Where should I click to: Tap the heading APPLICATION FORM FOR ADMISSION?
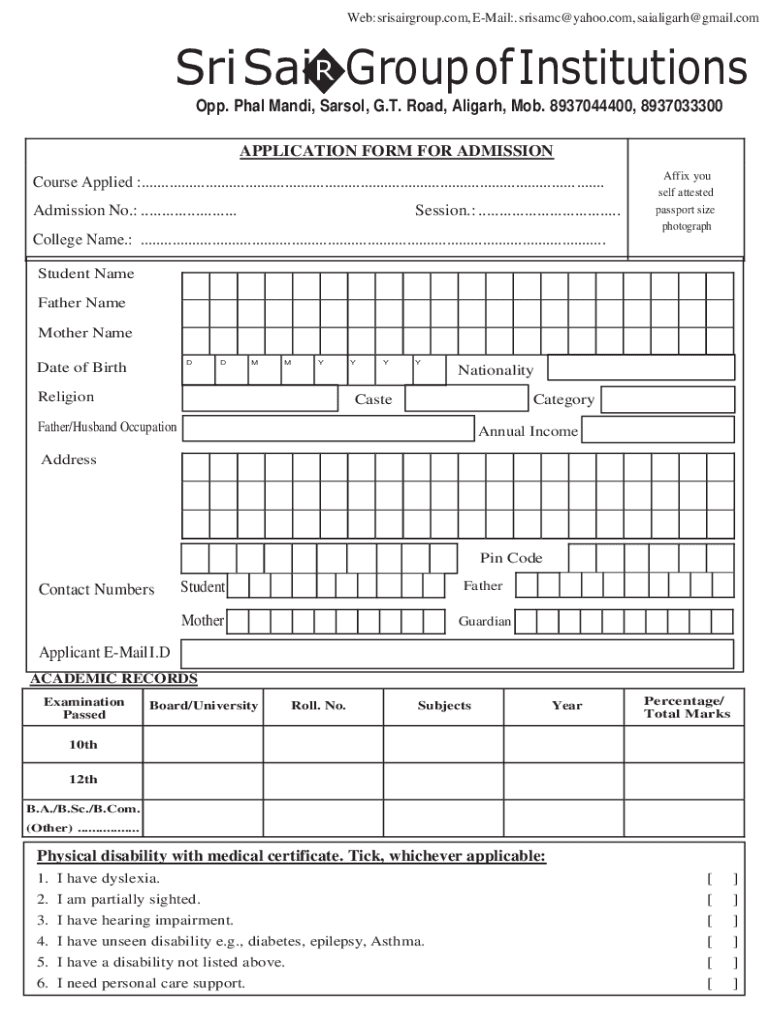(x=396, y=151)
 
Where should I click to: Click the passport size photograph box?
(x=686, y=200)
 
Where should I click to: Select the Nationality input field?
(x=641, y=368)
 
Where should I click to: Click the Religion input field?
(x=260, y=398)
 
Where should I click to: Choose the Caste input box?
(x=466, y=399)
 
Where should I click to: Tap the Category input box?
(x=669, y=400)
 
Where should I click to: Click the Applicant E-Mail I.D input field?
(x=457, y=654)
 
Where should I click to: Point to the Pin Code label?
(x=511, y=558)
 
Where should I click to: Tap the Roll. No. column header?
(x=318, y=706)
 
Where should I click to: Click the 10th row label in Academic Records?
(x=83, y=745)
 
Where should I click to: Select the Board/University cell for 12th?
(x=203, y=779)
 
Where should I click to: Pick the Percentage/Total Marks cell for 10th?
(x=686, y=745)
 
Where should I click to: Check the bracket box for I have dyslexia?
(x=722, y=879)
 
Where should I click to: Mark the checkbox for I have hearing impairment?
(x=722, y=921)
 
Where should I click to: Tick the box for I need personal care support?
(x=722, y=984)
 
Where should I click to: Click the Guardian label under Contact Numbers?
(x=485, y=622)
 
